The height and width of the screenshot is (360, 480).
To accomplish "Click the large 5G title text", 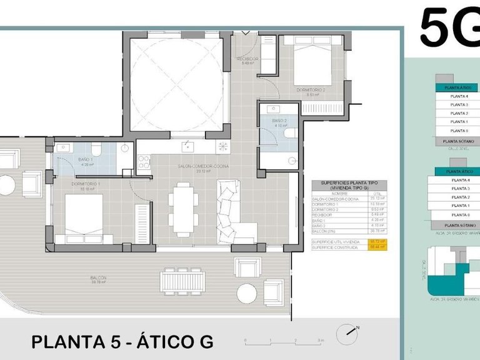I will pos(449,28).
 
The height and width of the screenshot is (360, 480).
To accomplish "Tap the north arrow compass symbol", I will pos(349,334).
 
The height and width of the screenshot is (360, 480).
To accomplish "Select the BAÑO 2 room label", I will pos(279,120).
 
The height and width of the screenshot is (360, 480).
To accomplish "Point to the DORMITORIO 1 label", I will pos(86,184).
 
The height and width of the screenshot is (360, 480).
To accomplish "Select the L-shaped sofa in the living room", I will pos(234,209).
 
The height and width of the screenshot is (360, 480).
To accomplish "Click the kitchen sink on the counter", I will pos(187,147).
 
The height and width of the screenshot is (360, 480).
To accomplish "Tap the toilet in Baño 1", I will pos(95,149).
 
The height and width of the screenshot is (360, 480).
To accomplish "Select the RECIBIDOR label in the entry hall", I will pos(247,59).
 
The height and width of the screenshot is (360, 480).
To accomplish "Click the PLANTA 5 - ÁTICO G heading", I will pos(122,342).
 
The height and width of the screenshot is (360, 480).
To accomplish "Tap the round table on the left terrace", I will pos(6,186).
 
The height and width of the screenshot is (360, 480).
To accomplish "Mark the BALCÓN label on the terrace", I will pos(97,278).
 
